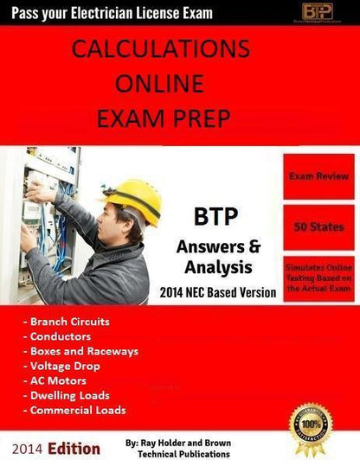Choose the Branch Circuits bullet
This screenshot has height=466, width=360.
pyautogui.click(x=61, y=322)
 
